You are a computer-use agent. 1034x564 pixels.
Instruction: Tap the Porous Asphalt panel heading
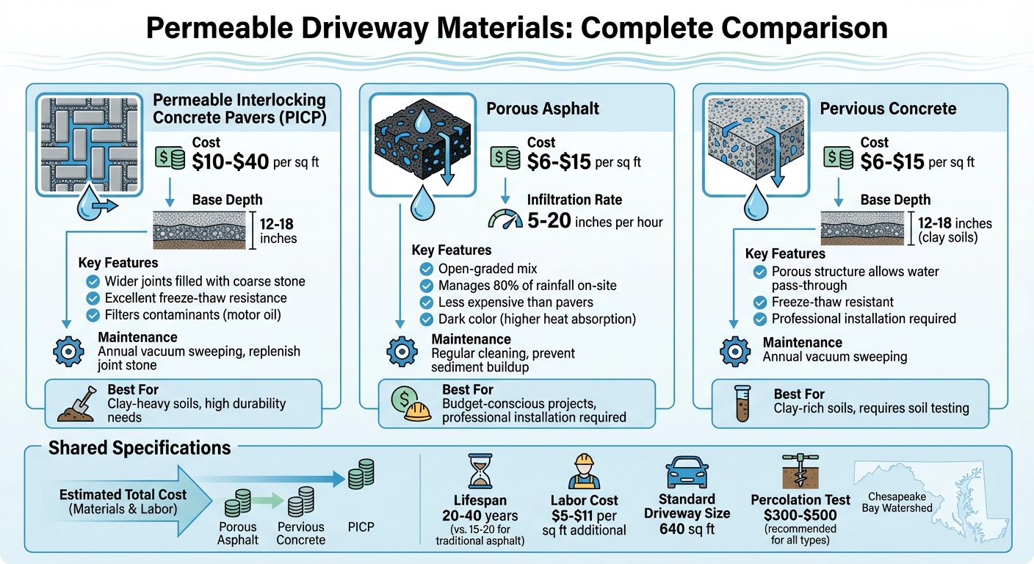[x=543, y=109]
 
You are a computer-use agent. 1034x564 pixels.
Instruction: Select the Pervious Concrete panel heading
[x=888, y=109]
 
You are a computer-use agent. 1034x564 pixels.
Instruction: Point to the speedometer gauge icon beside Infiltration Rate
[x=505, y=220]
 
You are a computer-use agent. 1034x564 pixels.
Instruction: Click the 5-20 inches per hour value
[x=595, y=220]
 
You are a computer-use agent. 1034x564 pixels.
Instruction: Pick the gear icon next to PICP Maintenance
[x=69, y=351]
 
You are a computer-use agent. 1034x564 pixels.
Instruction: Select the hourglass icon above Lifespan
[x=481, y=471]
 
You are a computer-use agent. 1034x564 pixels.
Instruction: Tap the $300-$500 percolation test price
[x=800, y=515]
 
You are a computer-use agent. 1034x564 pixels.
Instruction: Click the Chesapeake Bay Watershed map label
[x=900, y=502]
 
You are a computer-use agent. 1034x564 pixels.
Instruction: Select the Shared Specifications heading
[x=140, y=448]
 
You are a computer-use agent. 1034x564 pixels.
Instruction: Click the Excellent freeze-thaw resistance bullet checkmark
[x=93, y=298]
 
